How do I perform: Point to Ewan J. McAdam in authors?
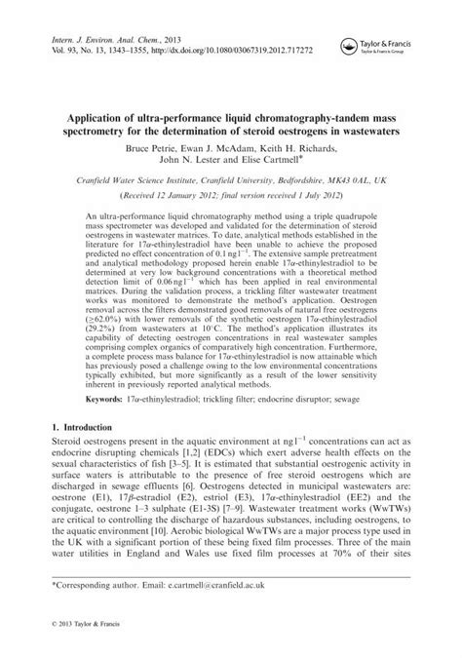coord(231,151)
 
